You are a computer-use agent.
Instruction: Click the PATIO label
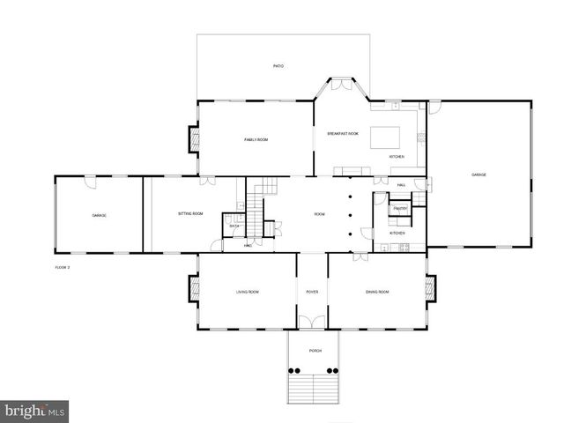[278, 66]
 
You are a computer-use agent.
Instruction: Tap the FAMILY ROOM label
[256, 140]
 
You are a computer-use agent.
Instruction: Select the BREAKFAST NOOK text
[342, 133]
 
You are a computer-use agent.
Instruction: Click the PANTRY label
[400, 209]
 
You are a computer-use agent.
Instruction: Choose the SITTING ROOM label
[190, 214]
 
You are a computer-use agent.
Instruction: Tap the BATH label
[234, 226]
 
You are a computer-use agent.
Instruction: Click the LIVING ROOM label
[247, 292]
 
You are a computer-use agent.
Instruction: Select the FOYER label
[312, 292]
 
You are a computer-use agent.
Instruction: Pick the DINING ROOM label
[377, 292]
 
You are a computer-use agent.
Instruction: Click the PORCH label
[315, 351]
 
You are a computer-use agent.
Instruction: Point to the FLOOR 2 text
[62, 266]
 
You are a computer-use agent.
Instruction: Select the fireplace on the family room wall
[193, 138]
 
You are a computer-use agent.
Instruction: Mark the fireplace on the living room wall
[193, 287]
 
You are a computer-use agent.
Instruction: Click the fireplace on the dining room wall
[431, 287]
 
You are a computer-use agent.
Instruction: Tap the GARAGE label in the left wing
[100, 215]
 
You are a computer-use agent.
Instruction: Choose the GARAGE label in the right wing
[479, 174]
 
